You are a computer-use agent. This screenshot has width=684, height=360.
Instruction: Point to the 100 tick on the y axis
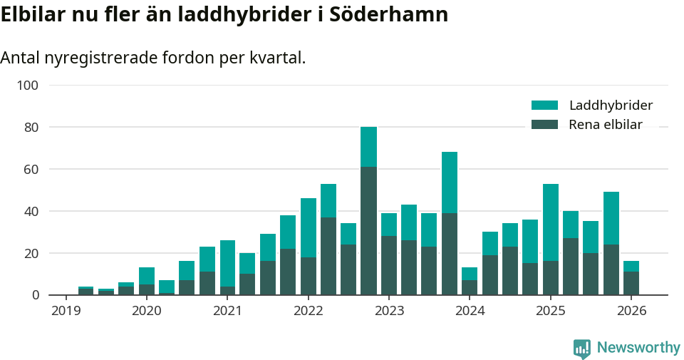28,86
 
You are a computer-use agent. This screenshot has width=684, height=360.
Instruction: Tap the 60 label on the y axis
31,170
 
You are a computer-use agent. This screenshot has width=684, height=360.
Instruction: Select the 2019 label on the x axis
66,311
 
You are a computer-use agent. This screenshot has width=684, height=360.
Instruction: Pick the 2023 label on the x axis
389,311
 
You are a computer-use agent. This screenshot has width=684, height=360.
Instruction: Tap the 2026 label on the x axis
631,311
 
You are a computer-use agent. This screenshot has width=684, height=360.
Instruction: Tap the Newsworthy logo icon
581,349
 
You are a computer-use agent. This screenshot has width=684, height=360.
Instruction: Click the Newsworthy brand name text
638,348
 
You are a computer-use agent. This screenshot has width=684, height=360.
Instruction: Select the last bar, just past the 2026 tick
631,278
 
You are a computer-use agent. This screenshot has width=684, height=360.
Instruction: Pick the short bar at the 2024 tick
470,282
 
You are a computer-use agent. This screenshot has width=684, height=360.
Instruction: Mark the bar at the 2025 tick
551,240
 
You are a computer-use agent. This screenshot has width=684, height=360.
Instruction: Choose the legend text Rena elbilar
606,125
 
